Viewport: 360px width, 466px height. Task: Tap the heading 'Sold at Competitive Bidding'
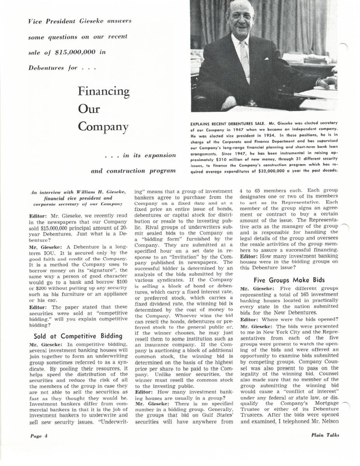[78, 336]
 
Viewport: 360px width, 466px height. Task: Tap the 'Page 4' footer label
[39, 435]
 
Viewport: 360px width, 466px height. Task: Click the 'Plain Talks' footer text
[325, 435]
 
